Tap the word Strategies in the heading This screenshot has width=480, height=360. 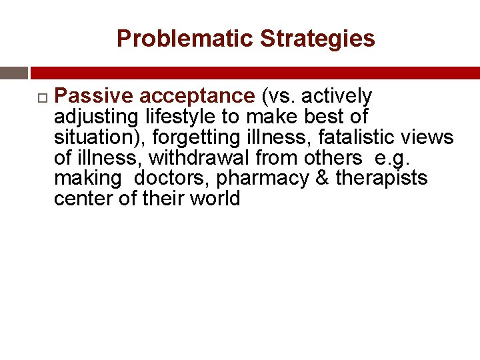pyautogui.click(x=317, y=39)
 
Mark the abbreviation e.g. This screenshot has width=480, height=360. pyautogui.click(x=387, y=159)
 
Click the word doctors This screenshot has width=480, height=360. pyautogui.click(x=171, y=179)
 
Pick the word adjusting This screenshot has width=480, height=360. pyautogui.click(x=96, y=117)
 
